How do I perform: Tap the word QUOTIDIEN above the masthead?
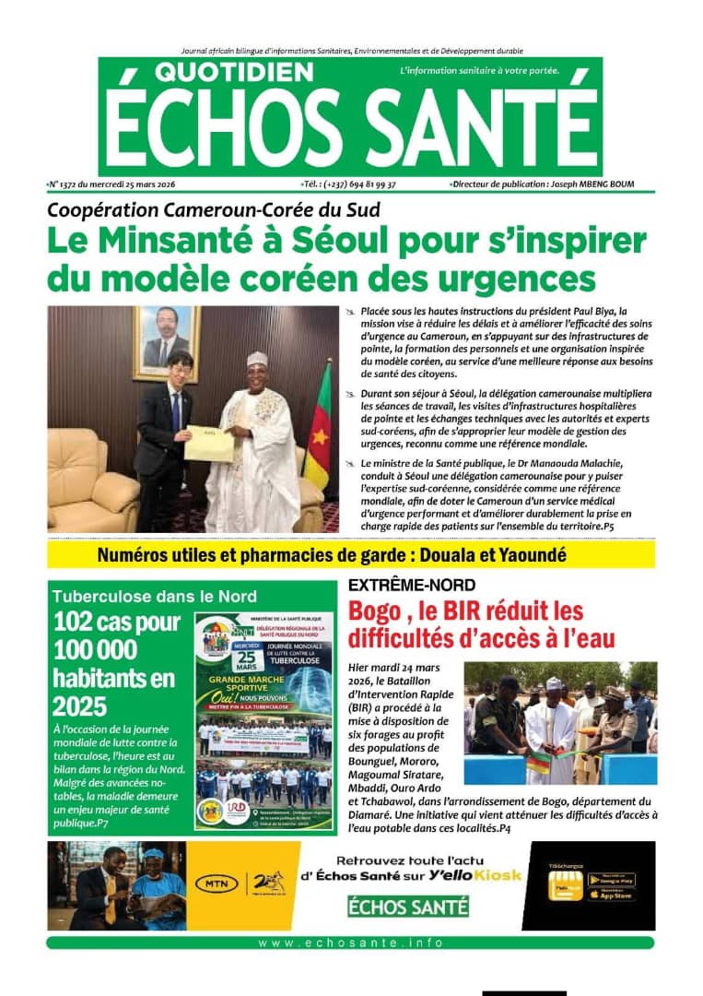221,72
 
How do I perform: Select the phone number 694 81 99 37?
369,184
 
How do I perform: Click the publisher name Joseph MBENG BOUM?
596,184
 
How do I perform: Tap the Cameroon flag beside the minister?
320,427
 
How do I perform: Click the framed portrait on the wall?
166,342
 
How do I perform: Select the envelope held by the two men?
209,444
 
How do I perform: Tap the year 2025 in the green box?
79,706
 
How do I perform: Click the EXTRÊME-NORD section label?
412,585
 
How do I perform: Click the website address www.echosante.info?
350,943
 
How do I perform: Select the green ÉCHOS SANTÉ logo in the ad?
408,907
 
